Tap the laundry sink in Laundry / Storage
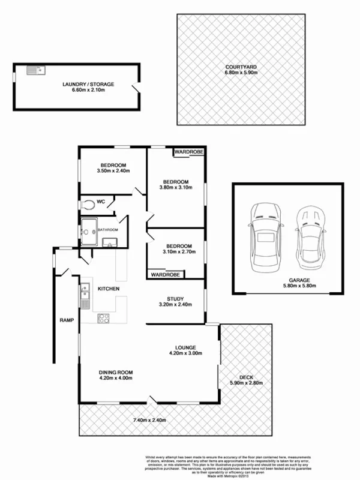32,71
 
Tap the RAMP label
66,320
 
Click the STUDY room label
175,298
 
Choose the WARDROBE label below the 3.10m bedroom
165,275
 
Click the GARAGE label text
281,280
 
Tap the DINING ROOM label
116,372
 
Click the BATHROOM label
108,230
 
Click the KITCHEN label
109,289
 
